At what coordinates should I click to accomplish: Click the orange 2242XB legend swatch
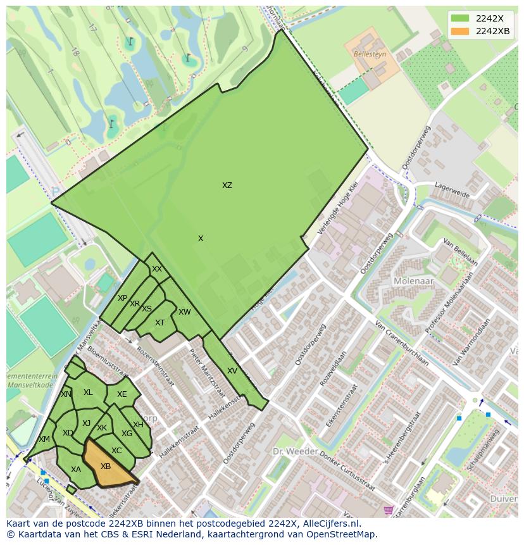tap(460, 32)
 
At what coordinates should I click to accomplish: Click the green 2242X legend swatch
tap(460, 18)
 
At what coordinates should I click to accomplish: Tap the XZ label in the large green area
tap(227, 185)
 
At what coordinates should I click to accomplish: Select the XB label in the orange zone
tap(106, 467)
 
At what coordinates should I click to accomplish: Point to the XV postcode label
tap(232, 371)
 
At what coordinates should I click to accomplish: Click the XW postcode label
tap(184, 312)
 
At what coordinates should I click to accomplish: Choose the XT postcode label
tap(160, 323)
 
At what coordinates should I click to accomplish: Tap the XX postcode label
tap(157, 269)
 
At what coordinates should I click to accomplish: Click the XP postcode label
tap(123, 298)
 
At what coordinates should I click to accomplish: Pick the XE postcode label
tap(122, 394)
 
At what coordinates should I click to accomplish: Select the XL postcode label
tap(88, 392)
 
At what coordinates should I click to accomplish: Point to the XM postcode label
tap(44, 439)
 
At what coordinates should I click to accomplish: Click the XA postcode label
tap(76, 470)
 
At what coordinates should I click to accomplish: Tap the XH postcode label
tap(138, 425)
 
